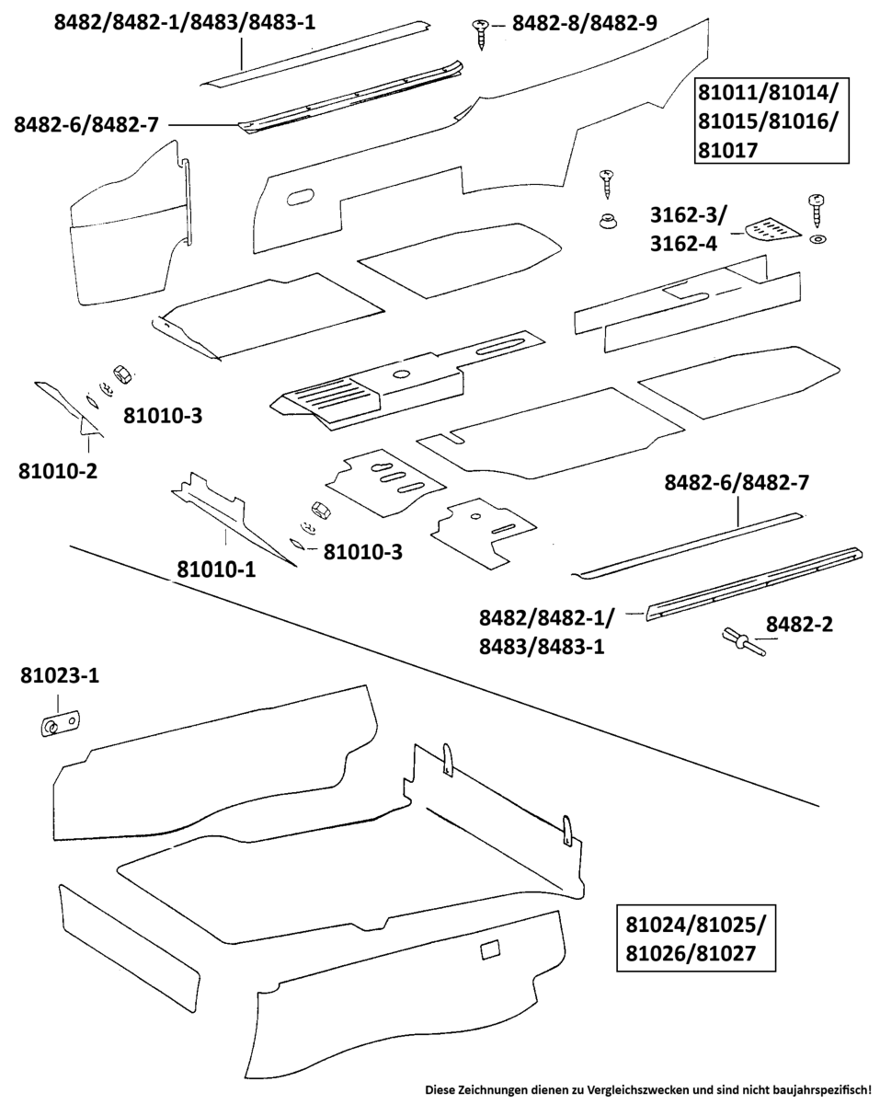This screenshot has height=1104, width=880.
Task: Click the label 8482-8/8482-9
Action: point(584,23)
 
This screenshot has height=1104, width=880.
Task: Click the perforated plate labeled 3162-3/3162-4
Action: point(771,229)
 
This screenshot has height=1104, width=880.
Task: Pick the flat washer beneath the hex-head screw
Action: point(817,241)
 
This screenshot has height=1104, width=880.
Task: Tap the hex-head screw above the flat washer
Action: point(814,211)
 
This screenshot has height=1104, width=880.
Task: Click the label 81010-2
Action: point(58,472)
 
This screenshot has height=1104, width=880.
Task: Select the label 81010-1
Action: point(216,570)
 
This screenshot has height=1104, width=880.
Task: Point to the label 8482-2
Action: point(800,625)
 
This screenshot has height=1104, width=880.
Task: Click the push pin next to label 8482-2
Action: point(741,640)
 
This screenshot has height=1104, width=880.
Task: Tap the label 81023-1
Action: point(61,676)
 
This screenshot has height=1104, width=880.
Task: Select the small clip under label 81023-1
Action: point(61,724)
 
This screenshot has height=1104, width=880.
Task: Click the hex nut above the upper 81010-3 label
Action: point(120,373)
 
